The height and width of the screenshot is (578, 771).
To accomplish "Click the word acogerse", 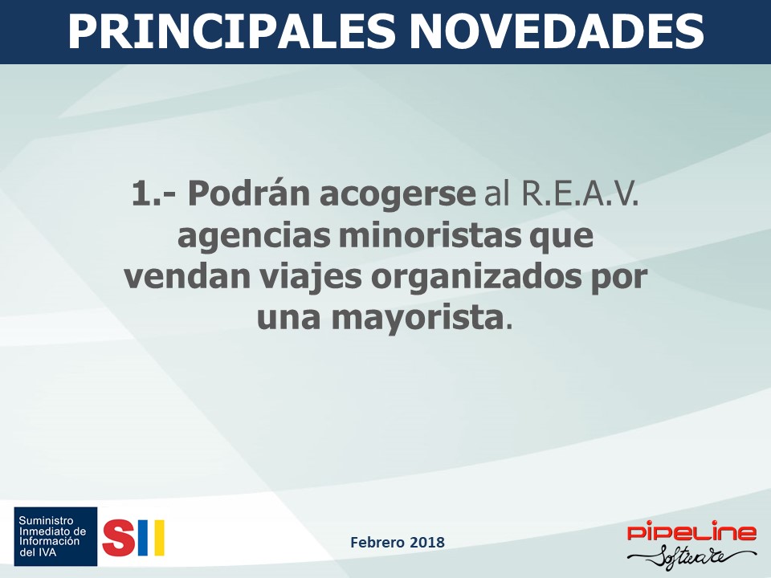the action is point(398,194).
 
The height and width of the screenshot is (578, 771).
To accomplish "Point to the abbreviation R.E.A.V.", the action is point(580,193).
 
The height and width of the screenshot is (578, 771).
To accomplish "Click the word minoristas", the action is point(429,235).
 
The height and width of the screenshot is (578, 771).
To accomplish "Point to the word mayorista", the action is point(418,319).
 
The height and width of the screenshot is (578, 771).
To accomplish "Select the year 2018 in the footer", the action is point(426,542).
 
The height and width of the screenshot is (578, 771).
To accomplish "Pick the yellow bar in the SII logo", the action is point(159,538).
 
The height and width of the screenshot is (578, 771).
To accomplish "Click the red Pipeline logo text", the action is point(692,533).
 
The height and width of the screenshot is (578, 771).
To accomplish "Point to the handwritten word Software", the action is point(692,558).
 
